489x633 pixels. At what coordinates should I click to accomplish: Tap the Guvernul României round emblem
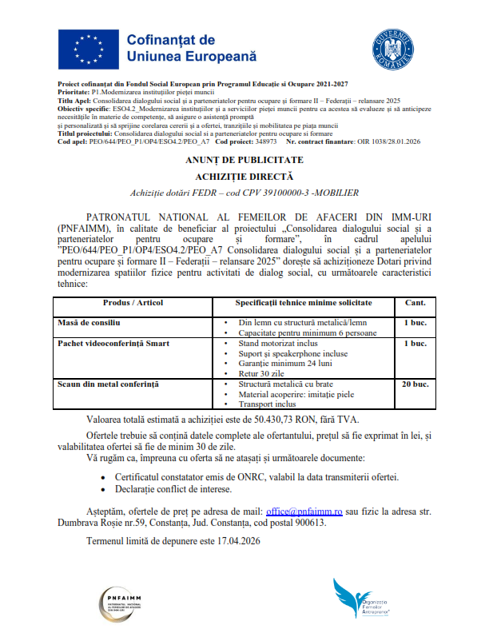tap(397, 47)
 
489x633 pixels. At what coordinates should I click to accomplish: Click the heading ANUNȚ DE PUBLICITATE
tap(245, 161)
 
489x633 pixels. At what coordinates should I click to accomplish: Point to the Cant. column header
tap(415, 304)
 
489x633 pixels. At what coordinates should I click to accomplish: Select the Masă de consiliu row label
tap(89, 322)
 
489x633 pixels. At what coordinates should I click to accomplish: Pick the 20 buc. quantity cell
tap(415, 384)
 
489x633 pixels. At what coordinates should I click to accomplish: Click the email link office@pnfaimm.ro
tap(304, 510)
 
